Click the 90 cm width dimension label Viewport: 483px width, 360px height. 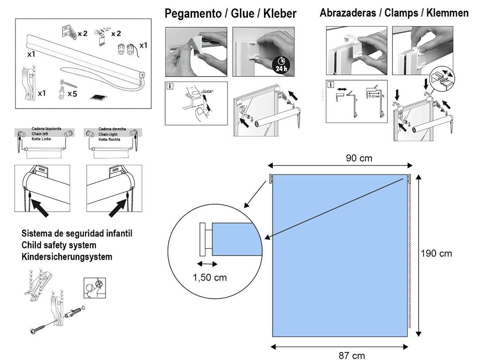point(359,158)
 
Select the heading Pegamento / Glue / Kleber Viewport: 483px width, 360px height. point(230,14)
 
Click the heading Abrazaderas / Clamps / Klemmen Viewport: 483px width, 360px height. point(394,14)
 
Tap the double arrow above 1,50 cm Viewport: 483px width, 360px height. point(207,264)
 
